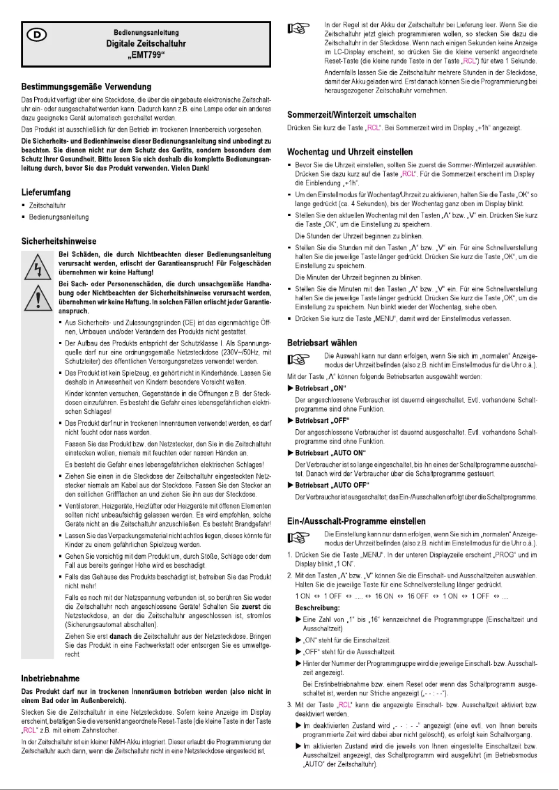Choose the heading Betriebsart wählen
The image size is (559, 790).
click(323, 343)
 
